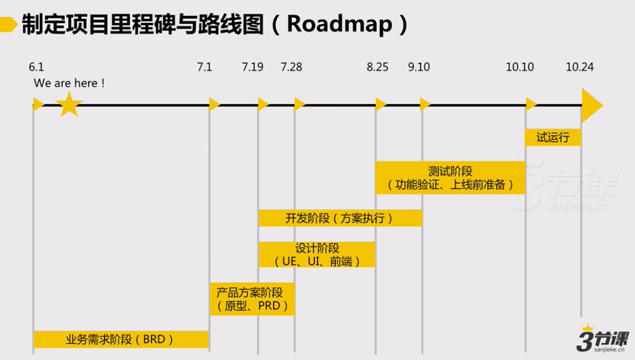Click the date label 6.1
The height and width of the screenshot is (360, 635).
pyautogui.click(x=36, y=67)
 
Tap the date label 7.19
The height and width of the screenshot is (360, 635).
pyautogui.click(x=253, y=67)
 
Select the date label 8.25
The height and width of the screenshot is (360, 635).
pyautogui.click(x=378, y=67)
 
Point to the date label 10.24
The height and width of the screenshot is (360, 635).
pyautogui.click(x=580, y=67)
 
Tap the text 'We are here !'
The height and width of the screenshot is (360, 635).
pyautogui.click(x=70, y=83)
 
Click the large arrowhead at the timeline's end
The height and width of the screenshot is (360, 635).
pyautogui.click(x=591, y=105)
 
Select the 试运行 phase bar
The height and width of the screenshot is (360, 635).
pyautogui.click(x=553, y=138)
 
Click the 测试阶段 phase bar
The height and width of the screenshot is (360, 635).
pyautogui.click(x=450, y=178)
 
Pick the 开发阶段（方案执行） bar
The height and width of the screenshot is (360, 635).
pyautogui.click(x=340, y=218)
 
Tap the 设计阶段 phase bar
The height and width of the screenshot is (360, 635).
pyautogui.click(x=317, y=255)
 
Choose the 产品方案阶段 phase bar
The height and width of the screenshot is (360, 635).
pyautogui.click(x=252, y=299)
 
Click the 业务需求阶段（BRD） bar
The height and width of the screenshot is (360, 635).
pyautogui.click(x=121, y=340)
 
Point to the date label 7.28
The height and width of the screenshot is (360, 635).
pyautogui.click(x=291, y=67)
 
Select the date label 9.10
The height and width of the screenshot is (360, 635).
pyautogui.click(x=419, y=67)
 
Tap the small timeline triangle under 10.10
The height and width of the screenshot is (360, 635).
pyautogui.click(x=531, y=105)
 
